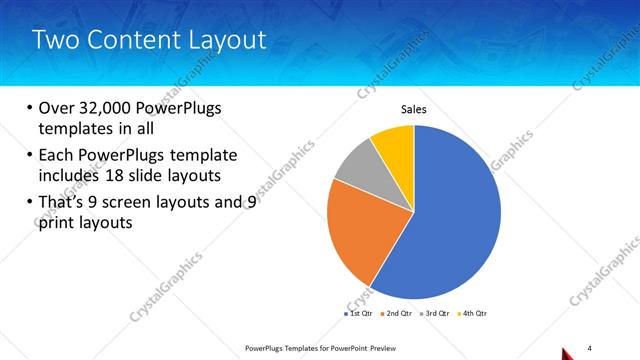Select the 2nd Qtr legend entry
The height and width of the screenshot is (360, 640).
click(x=397, y=314)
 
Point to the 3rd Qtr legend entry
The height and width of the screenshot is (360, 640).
click(x=435, y=314)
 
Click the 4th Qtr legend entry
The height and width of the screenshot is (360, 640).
click(x=472, y=314)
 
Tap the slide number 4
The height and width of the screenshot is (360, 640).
click(x=590, y=347)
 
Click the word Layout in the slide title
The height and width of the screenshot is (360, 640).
click(x=232, y=41)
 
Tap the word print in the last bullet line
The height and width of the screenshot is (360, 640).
click(x=58, y=223)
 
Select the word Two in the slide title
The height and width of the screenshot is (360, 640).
click(x=53, y=41)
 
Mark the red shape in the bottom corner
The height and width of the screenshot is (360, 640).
click(x=566, y=353)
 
